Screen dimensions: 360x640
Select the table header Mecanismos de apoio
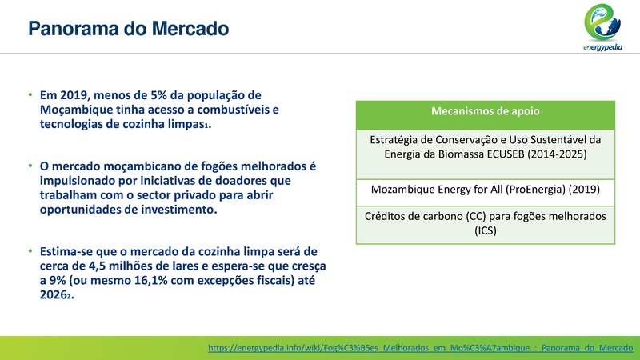[485, 112]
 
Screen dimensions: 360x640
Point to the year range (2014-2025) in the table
[557, 154]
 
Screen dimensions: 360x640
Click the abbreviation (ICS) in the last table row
[485, 231]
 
